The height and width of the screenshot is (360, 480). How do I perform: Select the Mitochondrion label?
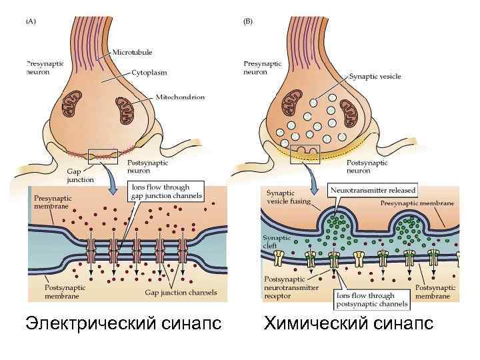(180, 97)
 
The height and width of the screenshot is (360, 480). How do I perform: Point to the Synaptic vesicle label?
(375, 77)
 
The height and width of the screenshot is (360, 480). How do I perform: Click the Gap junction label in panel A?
(81, 175)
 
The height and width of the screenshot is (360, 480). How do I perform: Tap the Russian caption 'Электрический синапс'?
(123, 324)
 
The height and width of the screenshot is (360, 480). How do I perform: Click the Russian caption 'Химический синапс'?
(349, 324)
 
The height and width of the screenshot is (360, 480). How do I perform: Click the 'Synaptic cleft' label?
(273, 242)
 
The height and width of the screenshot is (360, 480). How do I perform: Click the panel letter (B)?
(247, 21)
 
